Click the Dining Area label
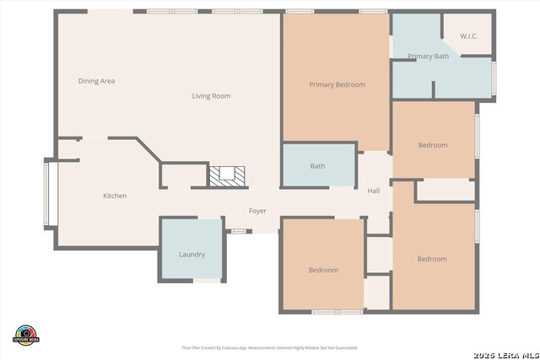pyautogui.click(x=96, y=81)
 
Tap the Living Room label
pyautogui.click(x=211, y=96)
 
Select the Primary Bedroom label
pyautogui.click(x=337, y=84)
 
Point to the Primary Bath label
pyautogui.click(x=428, y=56)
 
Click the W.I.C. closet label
pyautogui.click(x=469, y=36)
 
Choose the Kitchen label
pyautogui.click(x=115, y=196)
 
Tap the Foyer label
pyautogui.click(x=258, y=211)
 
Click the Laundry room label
pyautogui.click(x=192, y=255)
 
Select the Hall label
pyautogui.click(x=374, y=191)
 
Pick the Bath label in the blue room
pyautogui.click(x=317, y=166)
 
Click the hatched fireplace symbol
pyautogui.click(x=228, y=175)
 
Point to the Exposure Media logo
pyautogui.click(x=26, y=334)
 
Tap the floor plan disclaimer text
pyautogui.click(x=270, y=347)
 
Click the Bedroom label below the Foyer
pyautogui.click(x=323, y=270)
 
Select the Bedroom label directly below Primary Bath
pyautogui.click(x=433, y=145)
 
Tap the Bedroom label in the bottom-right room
pyautogui.click(x=432, y=259)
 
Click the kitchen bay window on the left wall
pyautogui.click(x=49, y=194)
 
